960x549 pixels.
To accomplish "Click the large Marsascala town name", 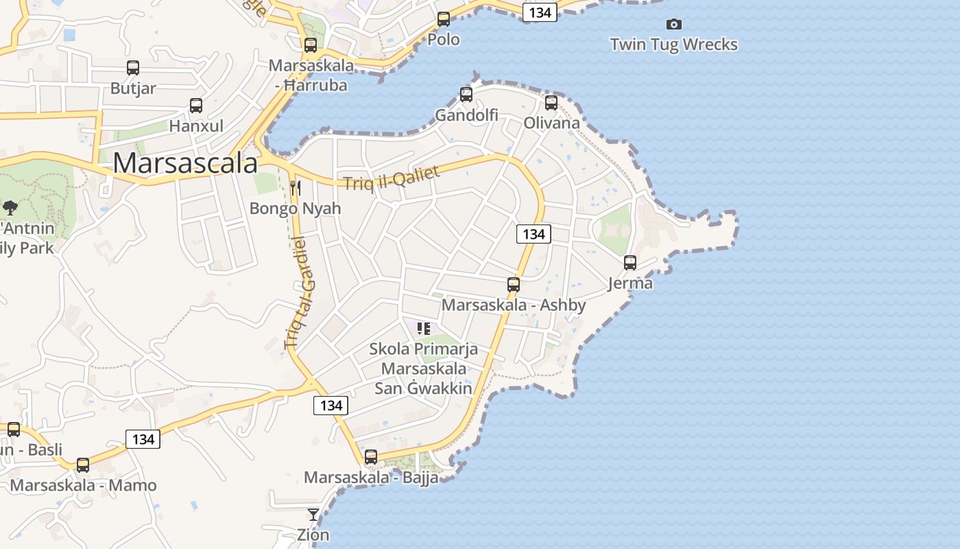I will pyautogui.click(x=185, y=163).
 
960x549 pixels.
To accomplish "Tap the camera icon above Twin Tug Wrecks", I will pyautogui.click(x=674, y=25).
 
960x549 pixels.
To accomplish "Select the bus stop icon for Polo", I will pyautogui.click(x=444, y=19).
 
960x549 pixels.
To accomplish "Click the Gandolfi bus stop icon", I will pyautogui.click(x=466, y=95).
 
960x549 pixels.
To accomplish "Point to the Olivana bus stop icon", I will pyautogui.click(x=551, y=103).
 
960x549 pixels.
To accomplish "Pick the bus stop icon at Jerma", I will pyautogui.click(x=630, y=263).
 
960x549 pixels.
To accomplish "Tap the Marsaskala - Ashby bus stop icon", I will pyautogui.click(x=514, y=284).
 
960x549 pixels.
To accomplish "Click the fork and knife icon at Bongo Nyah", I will pyautogui.click(x=296, y=187).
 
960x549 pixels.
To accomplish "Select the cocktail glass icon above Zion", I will pyautogui.click(x=313, y=514).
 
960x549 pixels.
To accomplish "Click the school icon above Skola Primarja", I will pyautogui.click(x=424, y=329).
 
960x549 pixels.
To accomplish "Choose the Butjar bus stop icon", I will pyautogui.click(x=133, y=68).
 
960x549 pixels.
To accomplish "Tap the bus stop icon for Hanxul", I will pyautogui.click(x=196, y=106).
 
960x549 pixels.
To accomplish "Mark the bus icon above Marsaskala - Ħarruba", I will pyautogui.click(x=311, y=45).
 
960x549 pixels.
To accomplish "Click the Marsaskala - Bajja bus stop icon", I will pyautogui.click(x=371, y=456).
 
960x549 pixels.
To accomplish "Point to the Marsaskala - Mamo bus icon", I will pyautogui.click(x=83, y=465).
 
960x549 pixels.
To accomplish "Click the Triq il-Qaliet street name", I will pyautogui.click(x=391, y=178).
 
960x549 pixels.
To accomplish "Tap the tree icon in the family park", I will pyautogui.click(x=10, y=207).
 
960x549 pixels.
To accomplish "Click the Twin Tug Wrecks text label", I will pyautogui.click(x=674, y=45).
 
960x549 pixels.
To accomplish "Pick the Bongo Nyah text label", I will pyautogui.click(x=295, y=208).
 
